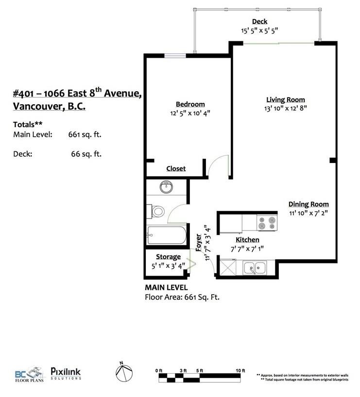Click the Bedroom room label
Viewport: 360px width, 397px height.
click(x=190, y=104)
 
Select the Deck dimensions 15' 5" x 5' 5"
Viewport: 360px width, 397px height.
click(x=259, y=30)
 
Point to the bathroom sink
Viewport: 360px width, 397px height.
click(x=167, y=186)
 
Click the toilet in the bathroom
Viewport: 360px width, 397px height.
click(x=157, y=212)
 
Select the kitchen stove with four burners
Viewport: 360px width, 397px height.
click(x=266, y=223)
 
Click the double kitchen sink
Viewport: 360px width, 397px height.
click(x=254, y=266)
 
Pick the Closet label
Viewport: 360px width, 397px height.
click(x=176, y=168)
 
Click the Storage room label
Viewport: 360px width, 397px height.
click(x=168, y=257)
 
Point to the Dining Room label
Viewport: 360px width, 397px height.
click(x=309, y=204)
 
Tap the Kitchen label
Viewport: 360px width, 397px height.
click(x=247, y=240)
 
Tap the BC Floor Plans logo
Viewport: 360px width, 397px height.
click(x=28, y=374)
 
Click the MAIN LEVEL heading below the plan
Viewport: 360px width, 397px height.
click(x=166, y=288)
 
